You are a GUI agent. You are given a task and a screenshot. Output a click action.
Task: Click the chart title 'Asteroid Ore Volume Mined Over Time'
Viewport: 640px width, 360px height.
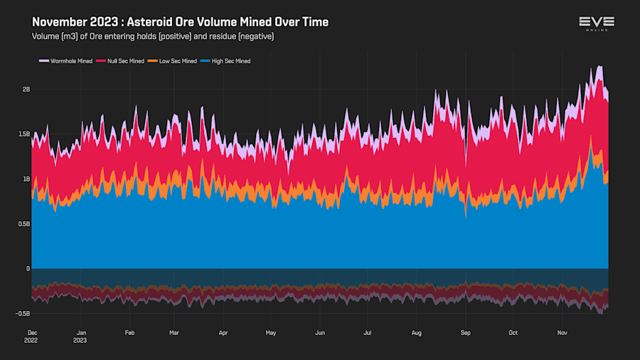(x=180, y=22)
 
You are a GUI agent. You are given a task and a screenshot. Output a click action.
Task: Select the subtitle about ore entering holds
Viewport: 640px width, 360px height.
(x=153, y=36)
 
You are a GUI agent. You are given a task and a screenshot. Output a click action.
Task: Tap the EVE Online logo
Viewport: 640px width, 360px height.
(x=597, y=23)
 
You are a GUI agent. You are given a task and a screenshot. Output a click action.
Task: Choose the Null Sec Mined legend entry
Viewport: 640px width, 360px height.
(x=122, y=61)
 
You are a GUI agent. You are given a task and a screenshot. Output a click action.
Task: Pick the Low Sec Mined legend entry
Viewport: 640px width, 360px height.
(x=175, y=61)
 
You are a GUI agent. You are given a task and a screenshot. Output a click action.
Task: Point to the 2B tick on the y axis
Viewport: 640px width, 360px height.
(x=26, y=89)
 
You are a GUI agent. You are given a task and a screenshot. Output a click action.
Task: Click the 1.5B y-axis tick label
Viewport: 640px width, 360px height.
(x=24, y=134)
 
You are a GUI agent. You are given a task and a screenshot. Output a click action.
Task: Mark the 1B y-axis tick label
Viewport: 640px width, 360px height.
(x=26, y=179)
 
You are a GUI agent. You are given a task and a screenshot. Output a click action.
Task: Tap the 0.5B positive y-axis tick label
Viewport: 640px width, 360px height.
(x=24, y=223)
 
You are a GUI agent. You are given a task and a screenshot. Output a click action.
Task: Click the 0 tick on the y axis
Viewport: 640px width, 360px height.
(x=28, y=268)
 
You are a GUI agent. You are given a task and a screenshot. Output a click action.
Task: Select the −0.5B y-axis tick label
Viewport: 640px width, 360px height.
(x=23, y=313)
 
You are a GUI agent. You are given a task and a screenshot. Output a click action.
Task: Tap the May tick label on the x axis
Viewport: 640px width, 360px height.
(x=270, y=332)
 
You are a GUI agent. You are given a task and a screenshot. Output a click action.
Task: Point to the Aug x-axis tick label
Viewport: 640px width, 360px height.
(x=417, y=332)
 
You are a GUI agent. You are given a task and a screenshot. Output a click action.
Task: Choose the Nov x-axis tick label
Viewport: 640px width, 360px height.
(x=562, y=332)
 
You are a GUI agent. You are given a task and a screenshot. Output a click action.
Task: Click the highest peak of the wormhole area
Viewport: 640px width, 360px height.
(x=600, y=66)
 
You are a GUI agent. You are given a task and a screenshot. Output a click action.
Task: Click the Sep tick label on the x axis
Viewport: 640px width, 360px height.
(x=466, y=332)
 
